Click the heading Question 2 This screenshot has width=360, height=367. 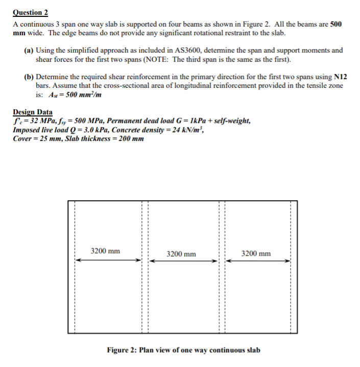tap(34, 13)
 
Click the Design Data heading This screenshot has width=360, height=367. tap(33, 112)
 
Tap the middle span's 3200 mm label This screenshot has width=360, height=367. tap(181, 254)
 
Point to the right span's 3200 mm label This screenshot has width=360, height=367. tap(256, 254)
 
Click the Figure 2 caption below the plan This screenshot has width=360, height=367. tap(183, 350)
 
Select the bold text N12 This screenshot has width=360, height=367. tap(340, 77)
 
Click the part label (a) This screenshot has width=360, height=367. tap(29, 51)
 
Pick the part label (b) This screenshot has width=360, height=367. tap(29, 77)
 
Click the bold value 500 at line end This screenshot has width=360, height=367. tap(336, 24)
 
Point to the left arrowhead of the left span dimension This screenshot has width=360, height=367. tap(78, 260)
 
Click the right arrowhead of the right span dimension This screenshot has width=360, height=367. tap(289, 261)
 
